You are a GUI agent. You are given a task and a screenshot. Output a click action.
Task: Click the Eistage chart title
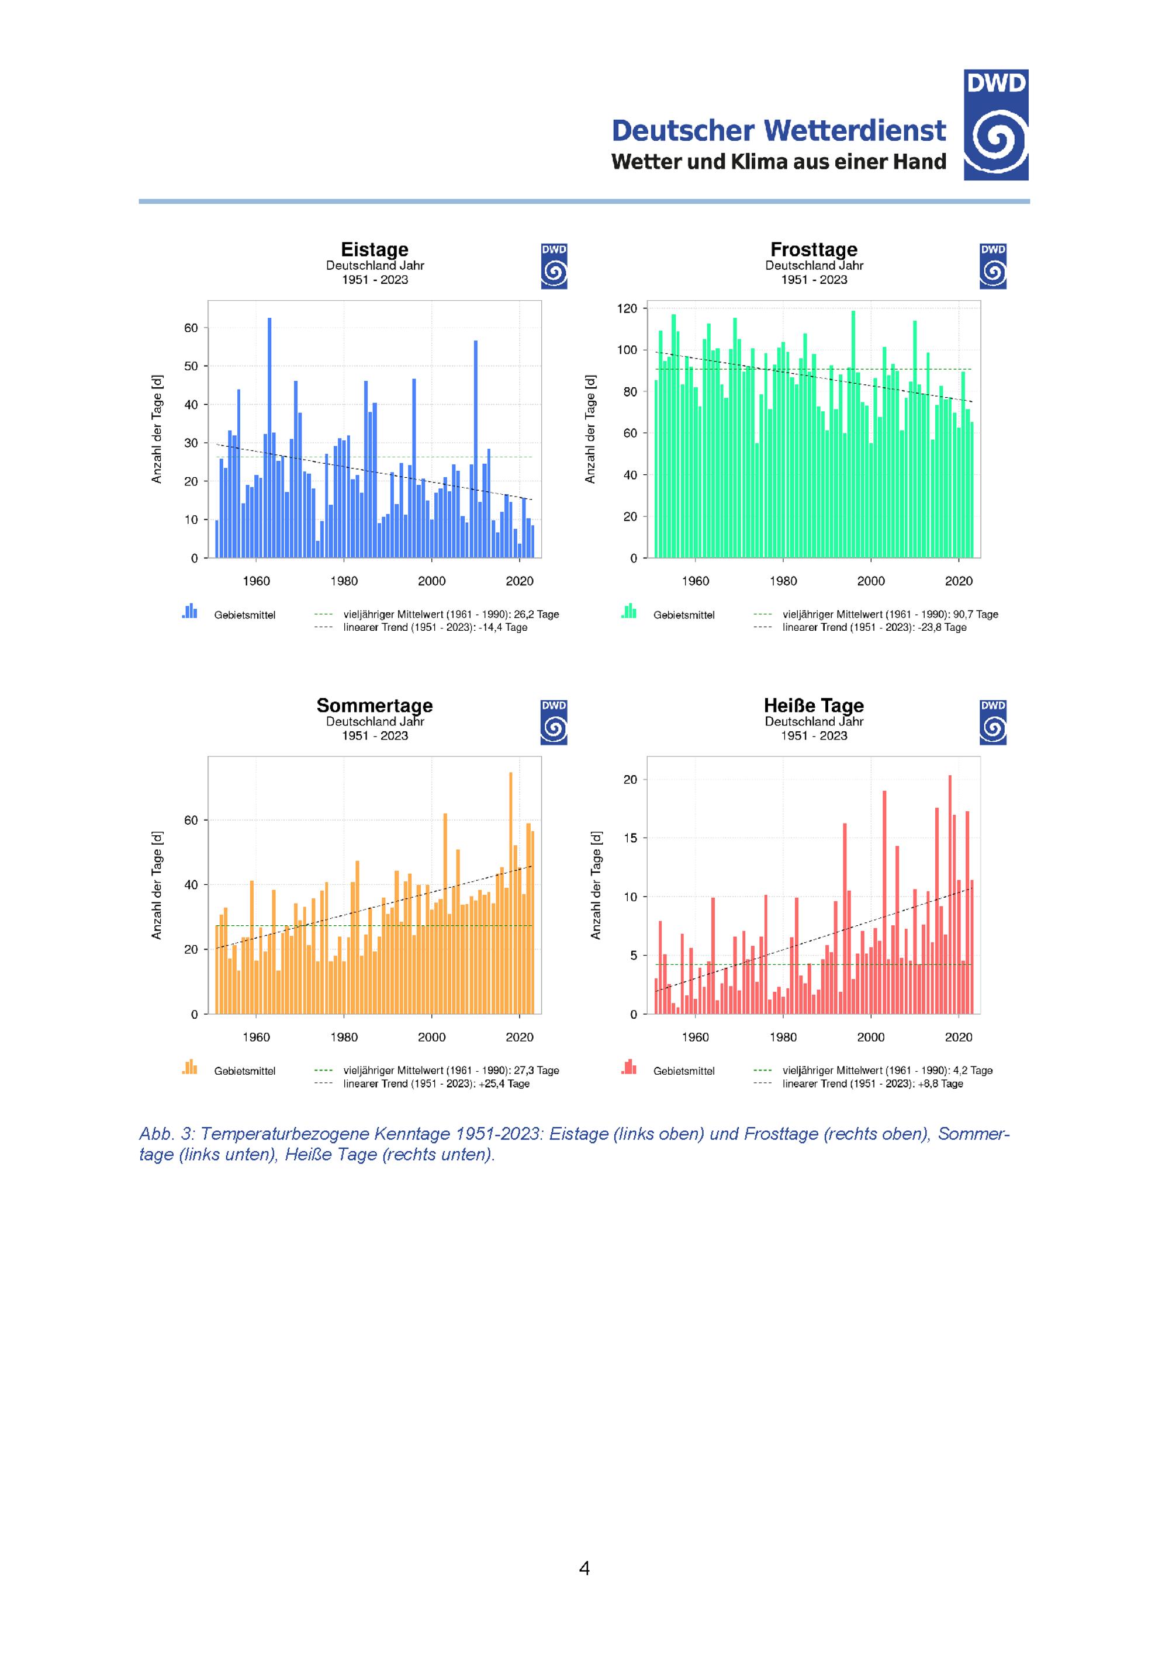(374, 249)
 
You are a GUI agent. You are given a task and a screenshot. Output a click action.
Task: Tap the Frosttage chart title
(813, 249)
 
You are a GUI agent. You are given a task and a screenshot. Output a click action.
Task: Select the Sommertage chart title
(374, 705)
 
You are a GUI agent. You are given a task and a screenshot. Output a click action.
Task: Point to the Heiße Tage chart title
(813, 705)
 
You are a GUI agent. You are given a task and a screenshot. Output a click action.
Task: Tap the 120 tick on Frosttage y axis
(627, 309)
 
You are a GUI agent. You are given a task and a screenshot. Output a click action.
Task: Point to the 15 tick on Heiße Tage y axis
(630, 838)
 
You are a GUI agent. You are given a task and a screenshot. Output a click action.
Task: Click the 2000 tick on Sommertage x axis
(431, 1037)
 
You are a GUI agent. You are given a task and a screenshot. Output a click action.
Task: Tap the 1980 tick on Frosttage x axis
(783, 581)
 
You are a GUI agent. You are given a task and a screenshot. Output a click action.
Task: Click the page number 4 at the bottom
(584, 1568)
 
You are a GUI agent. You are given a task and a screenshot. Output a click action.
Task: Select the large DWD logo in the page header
(995, 124)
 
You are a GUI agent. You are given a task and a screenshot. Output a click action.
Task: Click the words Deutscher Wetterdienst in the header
(778, 130)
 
